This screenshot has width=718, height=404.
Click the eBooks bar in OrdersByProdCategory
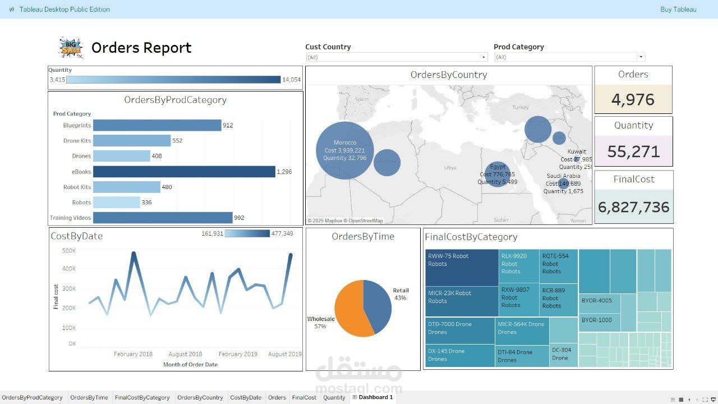click(184, 172)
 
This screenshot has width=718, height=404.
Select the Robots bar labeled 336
click(116, 203)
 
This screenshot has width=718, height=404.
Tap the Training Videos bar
click(163, 218)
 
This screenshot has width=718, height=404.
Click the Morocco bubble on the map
click(344, 150)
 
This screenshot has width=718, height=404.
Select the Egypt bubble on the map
click(498, 174)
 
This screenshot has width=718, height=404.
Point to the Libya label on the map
click(450, 168)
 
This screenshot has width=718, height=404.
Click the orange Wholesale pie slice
click(351, 309)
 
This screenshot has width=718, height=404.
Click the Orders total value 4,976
click(633, 100)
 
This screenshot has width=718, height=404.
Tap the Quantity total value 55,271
click(633, 151)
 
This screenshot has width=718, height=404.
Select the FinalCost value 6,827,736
click(633, 207)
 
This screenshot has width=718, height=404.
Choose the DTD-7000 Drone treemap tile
click(459, 330)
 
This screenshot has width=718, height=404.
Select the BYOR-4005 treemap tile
click(599, 304)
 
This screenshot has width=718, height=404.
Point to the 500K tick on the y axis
click(69, 251)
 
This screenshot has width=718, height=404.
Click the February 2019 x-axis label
click(238, 354)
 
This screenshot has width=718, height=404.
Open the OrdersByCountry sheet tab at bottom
click(200, 397)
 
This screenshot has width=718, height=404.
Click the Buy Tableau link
click(678, 10)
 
